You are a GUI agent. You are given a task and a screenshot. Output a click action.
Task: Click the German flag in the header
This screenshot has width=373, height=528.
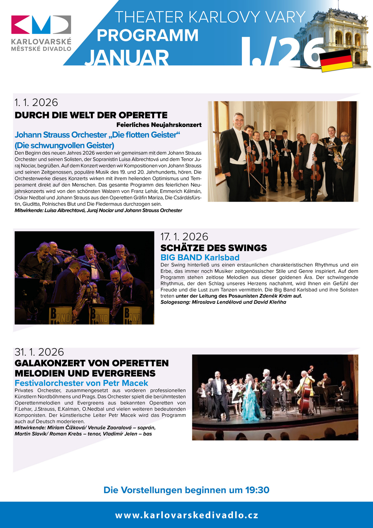pyautogui.click(x=336, y=60)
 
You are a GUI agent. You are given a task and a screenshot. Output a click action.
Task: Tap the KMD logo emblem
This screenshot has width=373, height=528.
pyautogui.click(x=41, y=25)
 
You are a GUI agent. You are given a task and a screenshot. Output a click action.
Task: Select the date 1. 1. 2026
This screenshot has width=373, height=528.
pyautogui.click(x=36, y=102)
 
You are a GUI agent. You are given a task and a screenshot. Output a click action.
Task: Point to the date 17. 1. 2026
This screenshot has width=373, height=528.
pyautogui.click(x=184, y=237)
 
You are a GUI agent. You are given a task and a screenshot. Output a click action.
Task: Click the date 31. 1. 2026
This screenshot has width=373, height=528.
pyautogui.click(x=39, y=352)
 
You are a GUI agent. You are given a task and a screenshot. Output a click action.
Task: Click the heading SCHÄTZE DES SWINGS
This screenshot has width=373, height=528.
pyautogui.click(x=214, y=248)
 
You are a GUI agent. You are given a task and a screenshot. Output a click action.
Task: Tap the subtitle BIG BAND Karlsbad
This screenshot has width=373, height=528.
pyautogui.click(x=200, y=257)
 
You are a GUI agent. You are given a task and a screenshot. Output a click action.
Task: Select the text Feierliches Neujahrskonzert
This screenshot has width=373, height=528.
pyautogui.click(x=159, y=125)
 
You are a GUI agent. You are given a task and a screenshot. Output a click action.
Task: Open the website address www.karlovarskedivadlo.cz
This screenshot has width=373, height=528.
pyautogui.click(x=186, y=515)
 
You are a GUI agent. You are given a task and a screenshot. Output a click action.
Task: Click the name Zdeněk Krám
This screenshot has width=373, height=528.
pyautogui.click(x=275, y=296)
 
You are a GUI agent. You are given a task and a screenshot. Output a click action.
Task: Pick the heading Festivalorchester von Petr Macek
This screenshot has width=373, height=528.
pyautogui.click(x=81, y=383)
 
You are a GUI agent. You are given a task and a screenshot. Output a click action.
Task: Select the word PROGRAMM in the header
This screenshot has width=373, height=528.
pyautogui.click(x=147, y=35)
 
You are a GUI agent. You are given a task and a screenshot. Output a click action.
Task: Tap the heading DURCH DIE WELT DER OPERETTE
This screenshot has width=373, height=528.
pyautogui.click(x=91, y=115)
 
